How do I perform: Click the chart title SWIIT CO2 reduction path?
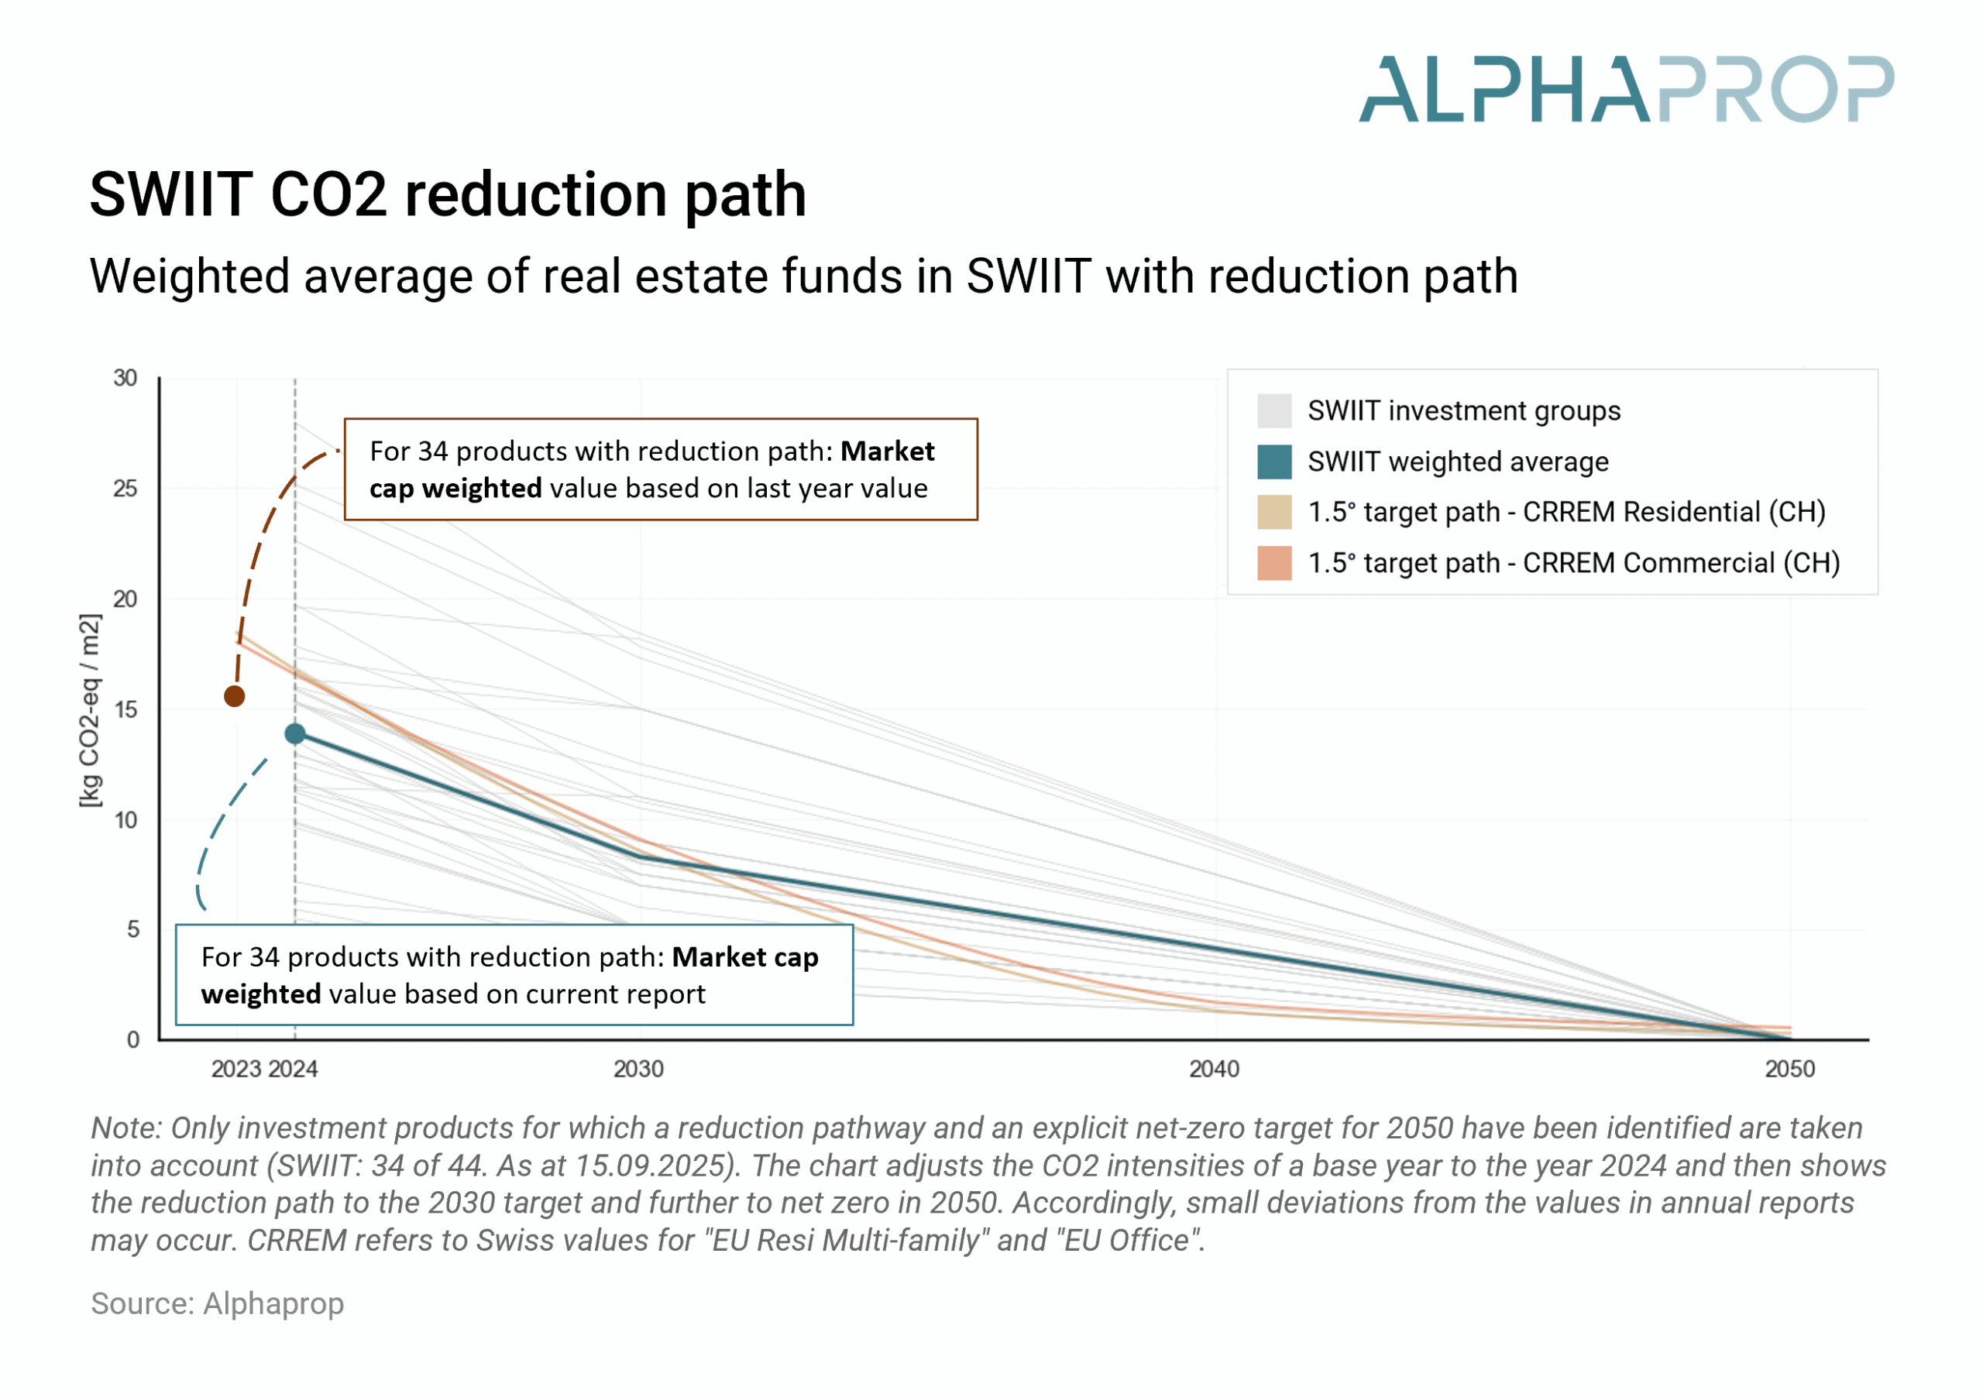(x=448, y=194)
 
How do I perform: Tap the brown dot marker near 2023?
(x=234, y=696)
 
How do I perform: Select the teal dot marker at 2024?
(x=295, y=734)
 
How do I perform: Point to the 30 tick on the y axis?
(x=125, y=378)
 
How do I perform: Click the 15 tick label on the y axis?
(x=125, y=710)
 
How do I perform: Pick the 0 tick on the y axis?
(x=133, y=1040)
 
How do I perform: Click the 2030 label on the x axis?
(x=638, y=1070)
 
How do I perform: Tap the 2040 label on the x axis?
(x=1215, y=1070)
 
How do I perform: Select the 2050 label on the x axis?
(x=1789, y=1070)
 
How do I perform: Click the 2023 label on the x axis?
(x=235, y=1070)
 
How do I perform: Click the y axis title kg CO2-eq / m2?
(x=90, y=710)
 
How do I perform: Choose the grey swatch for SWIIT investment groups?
(x=1274, y=411)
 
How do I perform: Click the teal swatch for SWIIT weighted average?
(x=1274, y=462)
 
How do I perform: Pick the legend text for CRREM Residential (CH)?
(x=1565, y=512)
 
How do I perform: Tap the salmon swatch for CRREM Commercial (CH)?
(x=1274, y=563)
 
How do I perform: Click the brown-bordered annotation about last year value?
(x=661, y=470)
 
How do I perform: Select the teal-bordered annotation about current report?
(x=514, y=975)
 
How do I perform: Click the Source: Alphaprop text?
(x=218, y=1303)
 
